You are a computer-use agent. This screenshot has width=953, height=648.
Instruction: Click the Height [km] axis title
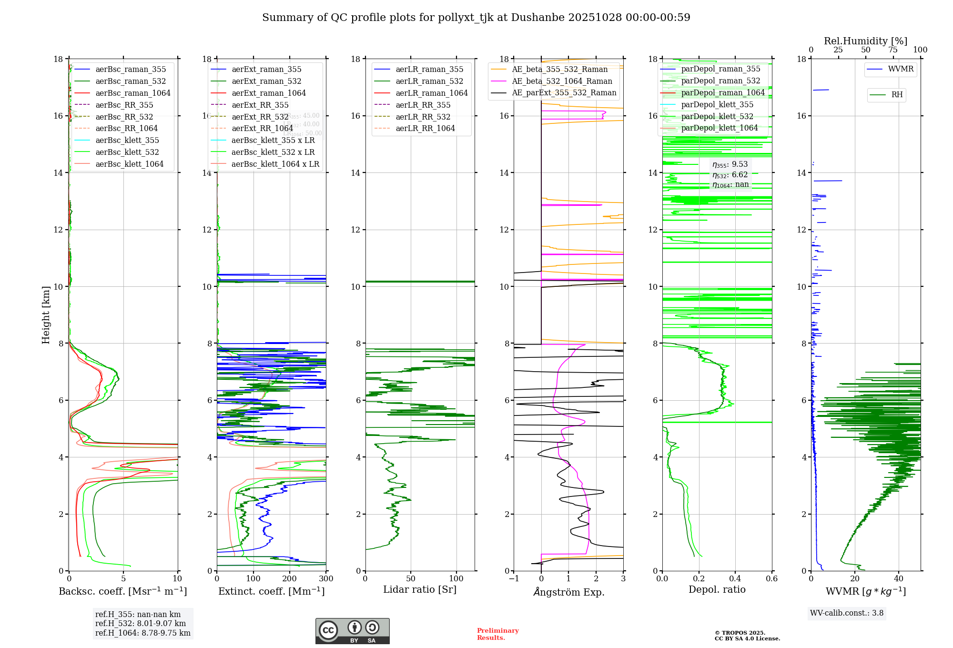pyautogui.click(x=46, y=315)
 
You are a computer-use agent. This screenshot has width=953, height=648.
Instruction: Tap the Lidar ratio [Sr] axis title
pyautogui.click(x=420, y=589)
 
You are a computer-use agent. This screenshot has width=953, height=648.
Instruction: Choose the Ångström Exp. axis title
pyautogui.click(x=568, y=592)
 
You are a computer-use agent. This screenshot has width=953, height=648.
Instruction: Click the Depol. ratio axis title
pyautogui.click(x=717, y=589)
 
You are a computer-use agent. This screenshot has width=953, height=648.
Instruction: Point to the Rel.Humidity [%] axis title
pyautogui.click(x=865, y=41)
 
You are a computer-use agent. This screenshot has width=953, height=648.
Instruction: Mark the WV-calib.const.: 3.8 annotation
pyautogui.click(x=847, y=613)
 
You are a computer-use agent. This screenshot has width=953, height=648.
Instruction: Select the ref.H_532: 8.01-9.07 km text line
pyautogui.click(x=141, y=623)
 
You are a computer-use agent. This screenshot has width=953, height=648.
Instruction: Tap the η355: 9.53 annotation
pyautogui.click(x=730, y=164)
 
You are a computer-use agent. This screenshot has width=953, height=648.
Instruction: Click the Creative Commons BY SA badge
pyautogui.click(x=352, y=631)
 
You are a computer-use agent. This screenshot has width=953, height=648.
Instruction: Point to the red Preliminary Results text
pyautogui.click(x=497, y=634)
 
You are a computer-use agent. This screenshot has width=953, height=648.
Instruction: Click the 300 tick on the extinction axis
pyautogui.click(x=326, y=579)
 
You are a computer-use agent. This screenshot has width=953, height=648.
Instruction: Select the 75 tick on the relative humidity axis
pyautogui.click(x=893, y=50)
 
